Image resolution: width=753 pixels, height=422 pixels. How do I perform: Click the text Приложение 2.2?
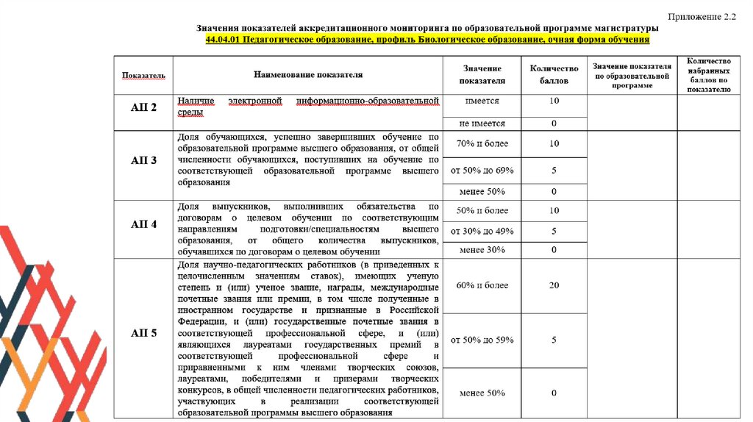click(x=701, y=15)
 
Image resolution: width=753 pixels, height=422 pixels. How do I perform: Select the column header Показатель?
click(x=143, y=75)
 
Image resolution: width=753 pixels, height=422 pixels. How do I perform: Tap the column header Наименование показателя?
click(x=308, y=74)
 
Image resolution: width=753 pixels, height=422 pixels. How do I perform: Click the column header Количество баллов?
click(x=554, y=74)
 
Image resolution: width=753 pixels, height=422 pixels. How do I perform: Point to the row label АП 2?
click(x=143, y=107)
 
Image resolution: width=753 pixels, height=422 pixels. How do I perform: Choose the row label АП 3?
click(x=143, y=160)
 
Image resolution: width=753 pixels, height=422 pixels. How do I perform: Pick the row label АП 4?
click(x=143, y=224)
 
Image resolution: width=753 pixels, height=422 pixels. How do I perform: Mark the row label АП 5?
click(x=143, y=333)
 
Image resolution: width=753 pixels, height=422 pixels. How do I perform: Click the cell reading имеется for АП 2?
click(x=482, y=101)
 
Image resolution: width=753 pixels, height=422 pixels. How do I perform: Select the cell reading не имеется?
click(x=482, y=124)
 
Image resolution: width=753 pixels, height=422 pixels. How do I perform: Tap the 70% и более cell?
click(x=482, y=143)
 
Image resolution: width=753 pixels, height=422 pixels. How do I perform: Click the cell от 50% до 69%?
click(x=482, y=171)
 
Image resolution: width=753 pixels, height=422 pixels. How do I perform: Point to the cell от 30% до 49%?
click(x=482, y=231)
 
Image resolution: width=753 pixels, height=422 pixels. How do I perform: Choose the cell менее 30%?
click(x=482, y=250)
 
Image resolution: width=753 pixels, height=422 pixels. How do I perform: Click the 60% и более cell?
click(x=482, y=285)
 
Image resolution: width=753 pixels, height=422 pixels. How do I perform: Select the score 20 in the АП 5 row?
click(x=554, y=285)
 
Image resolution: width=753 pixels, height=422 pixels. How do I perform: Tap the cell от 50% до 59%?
click(x=482, y=340)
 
